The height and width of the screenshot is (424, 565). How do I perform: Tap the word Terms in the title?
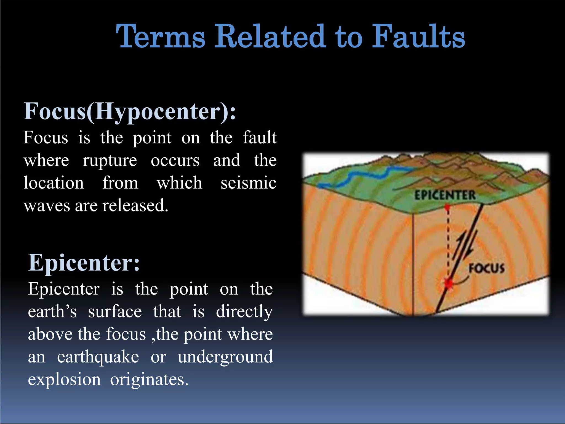(161, 37)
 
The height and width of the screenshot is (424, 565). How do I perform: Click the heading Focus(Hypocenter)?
(130, 112)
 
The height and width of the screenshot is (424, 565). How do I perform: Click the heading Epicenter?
(84, 263)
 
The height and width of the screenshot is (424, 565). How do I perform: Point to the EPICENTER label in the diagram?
(445, 195)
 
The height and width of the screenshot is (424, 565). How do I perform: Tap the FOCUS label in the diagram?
(487, 268)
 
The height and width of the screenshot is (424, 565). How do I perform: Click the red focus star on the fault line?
(449, 283)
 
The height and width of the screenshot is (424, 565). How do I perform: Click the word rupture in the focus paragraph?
(110, 161)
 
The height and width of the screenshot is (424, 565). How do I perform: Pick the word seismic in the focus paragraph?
(248, 183)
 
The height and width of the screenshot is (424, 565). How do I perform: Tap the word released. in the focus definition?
(135, 206)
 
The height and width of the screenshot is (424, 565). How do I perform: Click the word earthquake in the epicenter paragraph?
(98, 357)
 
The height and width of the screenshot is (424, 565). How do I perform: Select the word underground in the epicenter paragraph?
(225, 357)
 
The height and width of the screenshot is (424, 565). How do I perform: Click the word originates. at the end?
(149, 380)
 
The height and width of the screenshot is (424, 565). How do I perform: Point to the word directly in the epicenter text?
(244, 312)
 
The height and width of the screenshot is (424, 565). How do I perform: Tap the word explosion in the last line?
(64, 380)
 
